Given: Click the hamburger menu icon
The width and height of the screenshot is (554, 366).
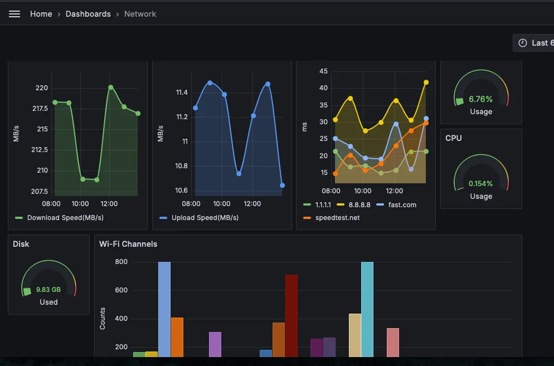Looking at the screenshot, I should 14,14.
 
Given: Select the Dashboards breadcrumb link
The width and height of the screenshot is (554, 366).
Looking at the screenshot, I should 88,14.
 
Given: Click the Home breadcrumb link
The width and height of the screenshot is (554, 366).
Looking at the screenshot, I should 41,14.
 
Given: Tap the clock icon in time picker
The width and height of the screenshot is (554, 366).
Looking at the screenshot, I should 522,43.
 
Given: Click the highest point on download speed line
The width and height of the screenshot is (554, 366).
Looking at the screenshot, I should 111,87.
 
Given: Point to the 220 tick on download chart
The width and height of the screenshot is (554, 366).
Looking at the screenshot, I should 42,88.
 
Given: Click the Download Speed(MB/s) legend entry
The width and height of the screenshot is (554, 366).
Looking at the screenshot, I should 65,218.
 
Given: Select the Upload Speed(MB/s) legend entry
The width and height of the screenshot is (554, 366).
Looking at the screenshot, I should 205,218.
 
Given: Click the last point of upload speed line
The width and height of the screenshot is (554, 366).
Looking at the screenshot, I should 283,186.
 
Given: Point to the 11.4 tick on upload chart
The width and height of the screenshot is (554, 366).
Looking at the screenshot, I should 182,92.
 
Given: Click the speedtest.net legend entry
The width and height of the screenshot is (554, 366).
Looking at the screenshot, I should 337,218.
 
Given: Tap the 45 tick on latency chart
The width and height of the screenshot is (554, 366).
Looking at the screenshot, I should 323,71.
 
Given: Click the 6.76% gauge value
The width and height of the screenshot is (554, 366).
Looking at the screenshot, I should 480,99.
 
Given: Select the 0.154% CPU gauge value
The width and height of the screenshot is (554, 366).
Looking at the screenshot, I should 480,184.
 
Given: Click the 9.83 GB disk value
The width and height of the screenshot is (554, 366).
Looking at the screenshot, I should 48,290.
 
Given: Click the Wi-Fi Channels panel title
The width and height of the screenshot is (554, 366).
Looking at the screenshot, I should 128,244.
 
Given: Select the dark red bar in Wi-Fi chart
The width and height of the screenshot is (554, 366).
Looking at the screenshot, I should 291,315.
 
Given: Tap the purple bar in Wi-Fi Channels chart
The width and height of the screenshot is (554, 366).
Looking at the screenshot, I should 215,344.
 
